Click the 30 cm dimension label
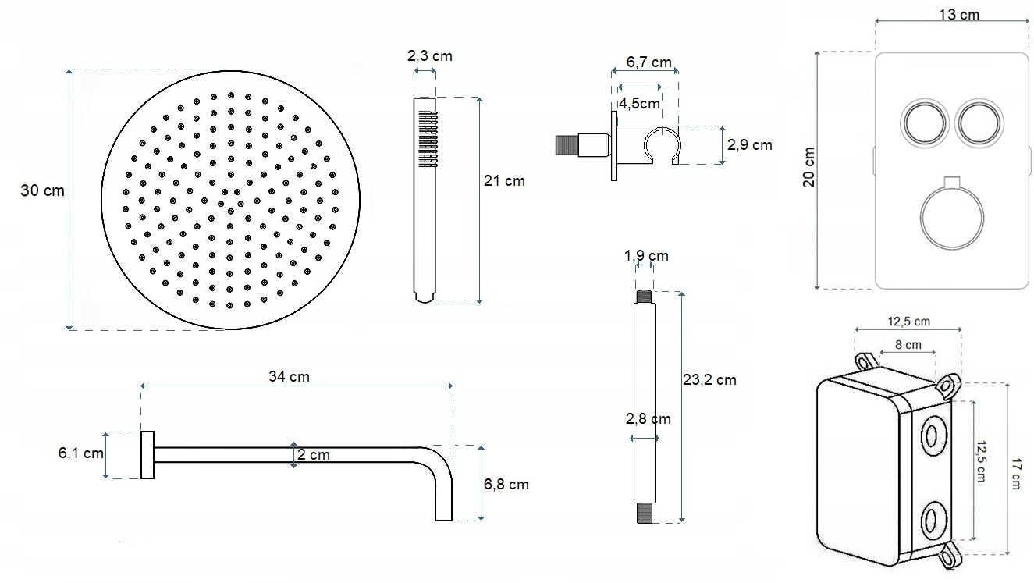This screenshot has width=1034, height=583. tap(42, 190)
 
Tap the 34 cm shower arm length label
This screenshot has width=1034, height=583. tap(289, 377)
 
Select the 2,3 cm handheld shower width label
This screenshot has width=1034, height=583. tap(430, 56)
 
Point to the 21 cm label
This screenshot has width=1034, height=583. tap(504, 181)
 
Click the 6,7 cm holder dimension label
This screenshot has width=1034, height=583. tap(648, 62)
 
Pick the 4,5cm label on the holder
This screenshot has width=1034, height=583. tap(639, 103)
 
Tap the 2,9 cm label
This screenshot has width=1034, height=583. tap(750, 145)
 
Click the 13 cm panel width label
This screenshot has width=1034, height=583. tap(959, 15)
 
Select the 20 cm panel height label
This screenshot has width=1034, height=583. tap(808, 167)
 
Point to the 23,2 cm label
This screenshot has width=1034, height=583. tap(709, 380)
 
